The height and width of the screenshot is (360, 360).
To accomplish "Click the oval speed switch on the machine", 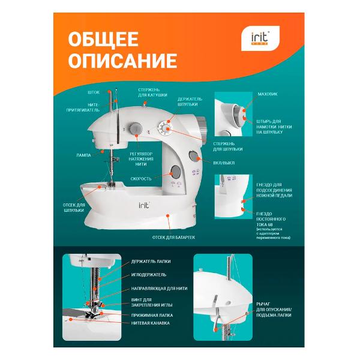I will click(176, 173).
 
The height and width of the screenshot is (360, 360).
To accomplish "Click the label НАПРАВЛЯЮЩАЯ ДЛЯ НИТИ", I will click(159, 288).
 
